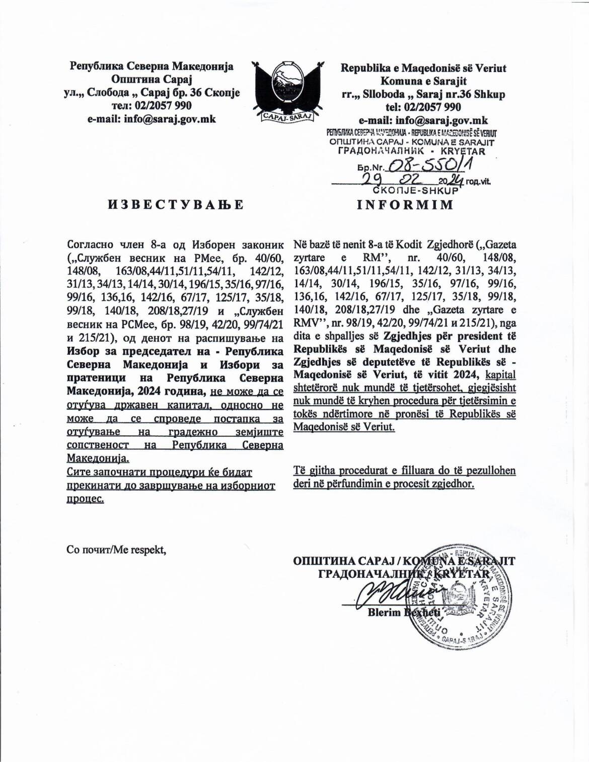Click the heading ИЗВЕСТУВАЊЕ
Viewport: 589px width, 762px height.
tap(175, 204)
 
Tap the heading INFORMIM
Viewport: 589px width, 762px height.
tap(405, 204)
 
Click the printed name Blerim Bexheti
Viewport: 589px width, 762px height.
tap(404, 612)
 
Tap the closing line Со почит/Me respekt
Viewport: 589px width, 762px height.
tap(116, 550)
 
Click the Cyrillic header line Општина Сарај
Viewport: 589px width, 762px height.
tap(152, 79)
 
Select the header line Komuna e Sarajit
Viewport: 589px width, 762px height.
tap(423, 81)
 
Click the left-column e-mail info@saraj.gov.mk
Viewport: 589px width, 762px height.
tap(152, 119)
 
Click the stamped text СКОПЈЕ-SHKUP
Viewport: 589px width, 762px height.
tap(415, 191)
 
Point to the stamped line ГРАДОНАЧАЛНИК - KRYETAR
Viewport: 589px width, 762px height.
tap(411, 151)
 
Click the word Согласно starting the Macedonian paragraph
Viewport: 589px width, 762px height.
tap(91, 245)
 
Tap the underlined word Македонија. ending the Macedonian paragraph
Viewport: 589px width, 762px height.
tap(98, 459)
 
